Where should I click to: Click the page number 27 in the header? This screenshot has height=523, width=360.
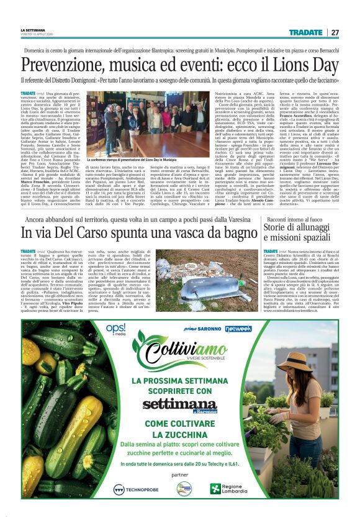click(x=335, y=32)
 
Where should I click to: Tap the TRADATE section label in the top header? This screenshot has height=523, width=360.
click(x=305, y=32)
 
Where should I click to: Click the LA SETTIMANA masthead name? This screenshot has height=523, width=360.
click(x=34, y=30)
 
